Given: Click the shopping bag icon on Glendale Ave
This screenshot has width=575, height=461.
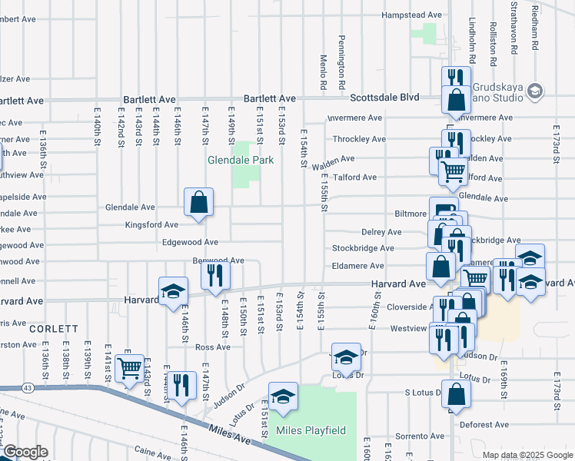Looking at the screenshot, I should coord(198,204).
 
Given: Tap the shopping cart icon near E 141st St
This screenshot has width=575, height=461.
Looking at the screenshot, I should coord(129,368).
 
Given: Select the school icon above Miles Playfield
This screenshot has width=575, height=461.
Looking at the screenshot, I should coord(284,396).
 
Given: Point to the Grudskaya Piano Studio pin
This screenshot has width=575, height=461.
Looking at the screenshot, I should coord(536,91).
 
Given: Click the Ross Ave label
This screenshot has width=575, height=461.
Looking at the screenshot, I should coord(213,347).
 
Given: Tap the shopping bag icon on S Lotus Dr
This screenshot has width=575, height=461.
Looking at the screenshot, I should coord(457,393).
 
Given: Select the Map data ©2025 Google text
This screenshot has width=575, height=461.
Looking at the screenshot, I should coord(527,455).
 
